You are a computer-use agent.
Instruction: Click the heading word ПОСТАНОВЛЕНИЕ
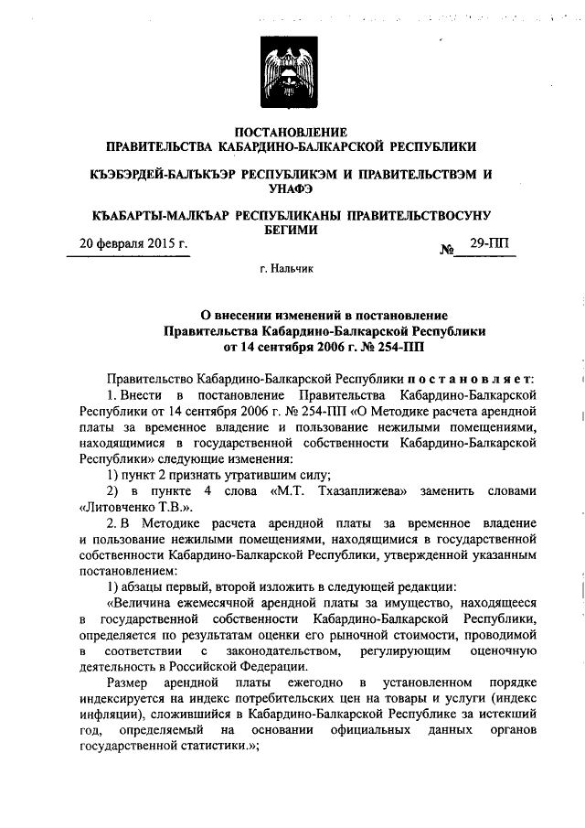pyautogui.click(x=292, y=132)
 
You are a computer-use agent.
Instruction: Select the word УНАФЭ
pyautogui.click(x=292, y=188)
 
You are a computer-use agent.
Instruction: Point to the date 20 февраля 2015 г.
pyautogui.click(x=133, y=244)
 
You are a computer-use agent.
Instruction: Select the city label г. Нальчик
pyautogui.click(x=292, y=271)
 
